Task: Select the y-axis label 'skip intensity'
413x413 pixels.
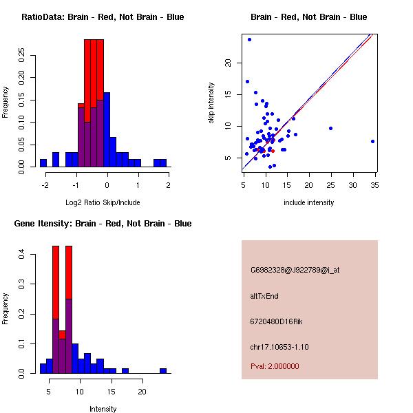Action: tap(211, 103)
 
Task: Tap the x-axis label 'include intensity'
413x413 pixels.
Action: tap(309, 202)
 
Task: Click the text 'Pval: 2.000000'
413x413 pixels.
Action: tap(275, 366)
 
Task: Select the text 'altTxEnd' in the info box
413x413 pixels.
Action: tap(264, 296)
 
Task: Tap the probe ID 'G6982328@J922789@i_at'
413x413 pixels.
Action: tap(295, 270)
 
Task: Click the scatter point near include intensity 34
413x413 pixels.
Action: tap(372, 141)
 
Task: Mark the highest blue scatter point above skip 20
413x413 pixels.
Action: tap(249, 39)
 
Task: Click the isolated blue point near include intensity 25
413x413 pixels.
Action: tap(331, 128)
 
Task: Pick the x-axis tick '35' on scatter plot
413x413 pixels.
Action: tap(375, 185)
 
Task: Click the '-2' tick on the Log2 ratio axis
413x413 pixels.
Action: tap(45, 185)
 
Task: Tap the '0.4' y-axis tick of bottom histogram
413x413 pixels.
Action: tap(22, 255)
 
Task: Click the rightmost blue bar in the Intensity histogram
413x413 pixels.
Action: tap(163, 370)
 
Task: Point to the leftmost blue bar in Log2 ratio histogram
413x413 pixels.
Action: tap(43, 163)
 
